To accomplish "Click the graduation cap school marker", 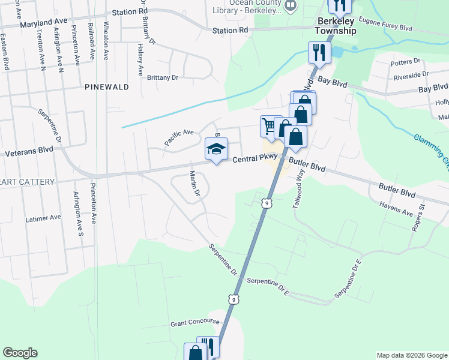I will pos(217,149).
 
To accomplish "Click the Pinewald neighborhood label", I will pos(107,87).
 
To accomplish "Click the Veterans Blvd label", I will pos(29,153).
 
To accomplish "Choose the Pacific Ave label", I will pos(179,137).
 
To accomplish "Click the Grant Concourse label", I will pos(194,322).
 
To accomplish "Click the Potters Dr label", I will pos(405,62).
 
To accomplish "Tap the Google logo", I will pos(20,353).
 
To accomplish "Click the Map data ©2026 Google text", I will pos(411,355).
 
